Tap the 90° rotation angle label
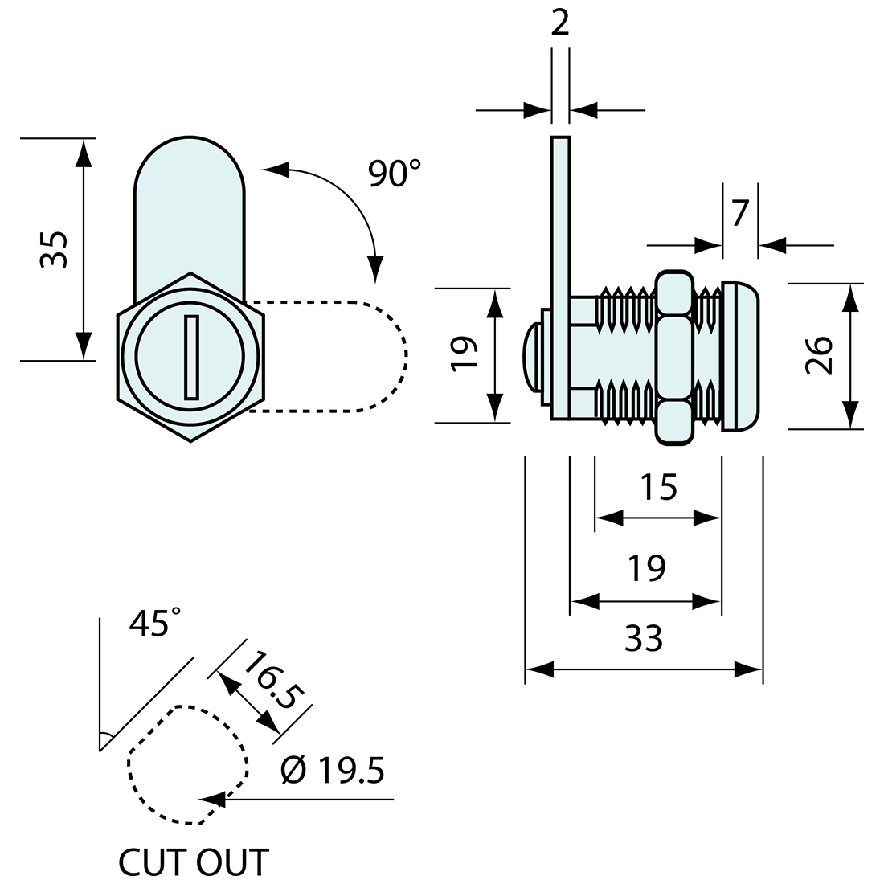tap(394, 173)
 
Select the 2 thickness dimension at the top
tap(560, 23)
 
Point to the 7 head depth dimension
tap(740, 215)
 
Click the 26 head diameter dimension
tap(819, 355)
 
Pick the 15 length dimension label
tap(658, 488)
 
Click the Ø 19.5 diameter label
tap(333, 771)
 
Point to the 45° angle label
tap(154, 623)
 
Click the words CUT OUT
tap(193, 863)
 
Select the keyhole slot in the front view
tap(191, 357)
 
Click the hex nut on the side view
tap(674, 357)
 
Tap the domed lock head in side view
tap(741, 357)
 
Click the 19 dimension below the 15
tap(646, 568)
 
